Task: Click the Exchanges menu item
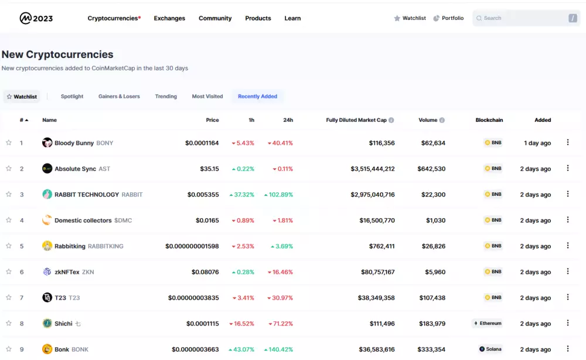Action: click(169, 18)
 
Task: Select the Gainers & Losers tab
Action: click(119, 96)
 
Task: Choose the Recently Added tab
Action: click(257, 96)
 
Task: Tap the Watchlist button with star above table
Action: click(22, 97)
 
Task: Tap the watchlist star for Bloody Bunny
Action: click(9, 142)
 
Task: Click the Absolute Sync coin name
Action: click(75, 169)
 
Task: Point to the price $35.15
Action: click(209, 169)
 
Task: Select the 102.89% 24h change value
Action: click(278, 195)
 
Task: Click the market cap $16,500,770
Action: click(377, 220)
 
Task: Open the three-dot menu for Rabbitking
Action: click(567, 246)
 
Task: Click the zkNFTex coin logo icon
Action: click(47, 272)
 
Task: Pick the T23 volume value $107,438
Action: click(432, 298)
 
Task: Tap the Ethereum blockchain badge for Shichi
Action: click(488, 323)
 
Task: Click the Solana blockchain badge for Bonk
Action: click(490, 349)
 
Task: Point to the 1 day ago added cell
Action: click(537, 143)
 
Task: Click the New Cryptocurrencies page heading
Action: click(57, 55)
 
